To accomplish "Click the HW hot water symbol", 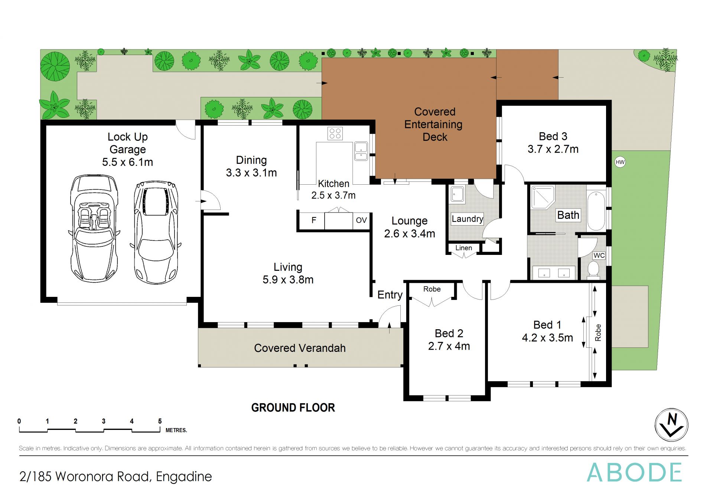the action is (x=620, y=162).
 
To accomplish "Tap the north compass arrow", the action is (x=671, y=425).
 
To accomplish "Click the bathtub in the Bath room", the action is (x=596, y=211).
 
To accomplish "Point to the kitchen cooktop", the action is (x=335, y=133).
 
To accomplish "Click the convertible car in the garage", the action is (x=94, y=228).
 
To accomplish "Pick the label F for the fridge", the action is (x=314, y=220).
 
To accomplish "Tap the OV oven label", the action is (x=361, y=220).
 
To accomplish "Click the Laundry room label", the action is (x=468, y=219).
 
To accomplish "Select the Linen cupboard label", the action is (x=464, y=248).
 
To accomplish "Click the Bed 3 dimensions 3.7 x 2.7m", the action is (x=553, y=149).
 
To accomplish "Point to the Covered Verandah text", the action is (x=300, y=348).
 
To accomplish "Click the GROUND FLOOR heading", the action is (x=293, y=408).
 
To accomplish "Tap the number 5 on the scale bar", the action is (x=160, y=421).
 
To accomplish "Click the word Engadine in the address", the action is (x=184, y=477).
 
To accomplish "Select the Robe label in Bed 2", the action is (x=432, y=289).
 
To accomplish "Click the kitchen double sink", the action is (x=361, y=151).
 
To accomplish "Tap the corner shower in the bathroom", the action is (x=543, y=197).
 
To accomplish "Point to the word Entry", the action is (x=390, y=295).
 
